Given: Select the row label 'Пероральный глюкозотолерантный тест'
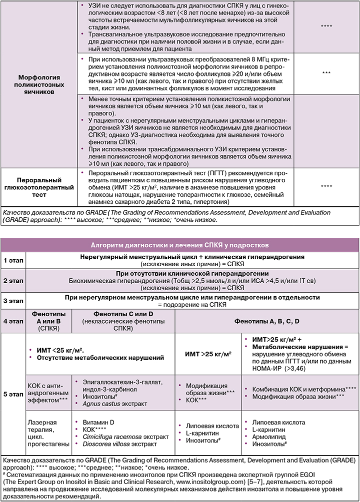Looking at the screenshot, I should pyautogui.click(x=39, y=187).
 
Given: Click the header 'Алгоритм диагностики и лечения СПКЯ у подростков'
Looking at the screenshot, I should pyautogui.click(x=179, y=245).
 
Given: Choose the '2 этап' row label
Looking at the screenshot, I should pyautogui.click(x=13, y=281).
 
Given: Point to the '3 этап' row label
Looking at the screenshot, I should pyautogui.click(x=13, y=301).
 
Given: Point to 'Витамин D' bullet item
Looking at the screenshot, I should pyautogui.click(x=96, y=422).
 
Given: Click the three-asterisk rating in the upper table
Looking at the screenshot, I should pyautogui.click(x=326, y=72).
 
